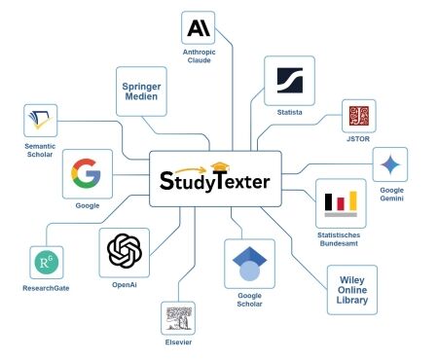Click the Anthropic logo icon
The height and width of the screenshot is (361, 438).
[198, 27]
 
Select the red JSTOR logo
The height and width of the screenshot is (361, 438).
[355, 116]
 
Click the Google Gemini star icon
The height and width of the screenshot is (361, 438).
[391, 163]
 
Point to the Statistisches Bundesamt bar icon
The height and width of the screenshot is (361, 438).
[342, 201]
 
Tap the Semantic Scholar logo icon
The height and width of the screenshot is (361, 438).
[43, 122]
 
